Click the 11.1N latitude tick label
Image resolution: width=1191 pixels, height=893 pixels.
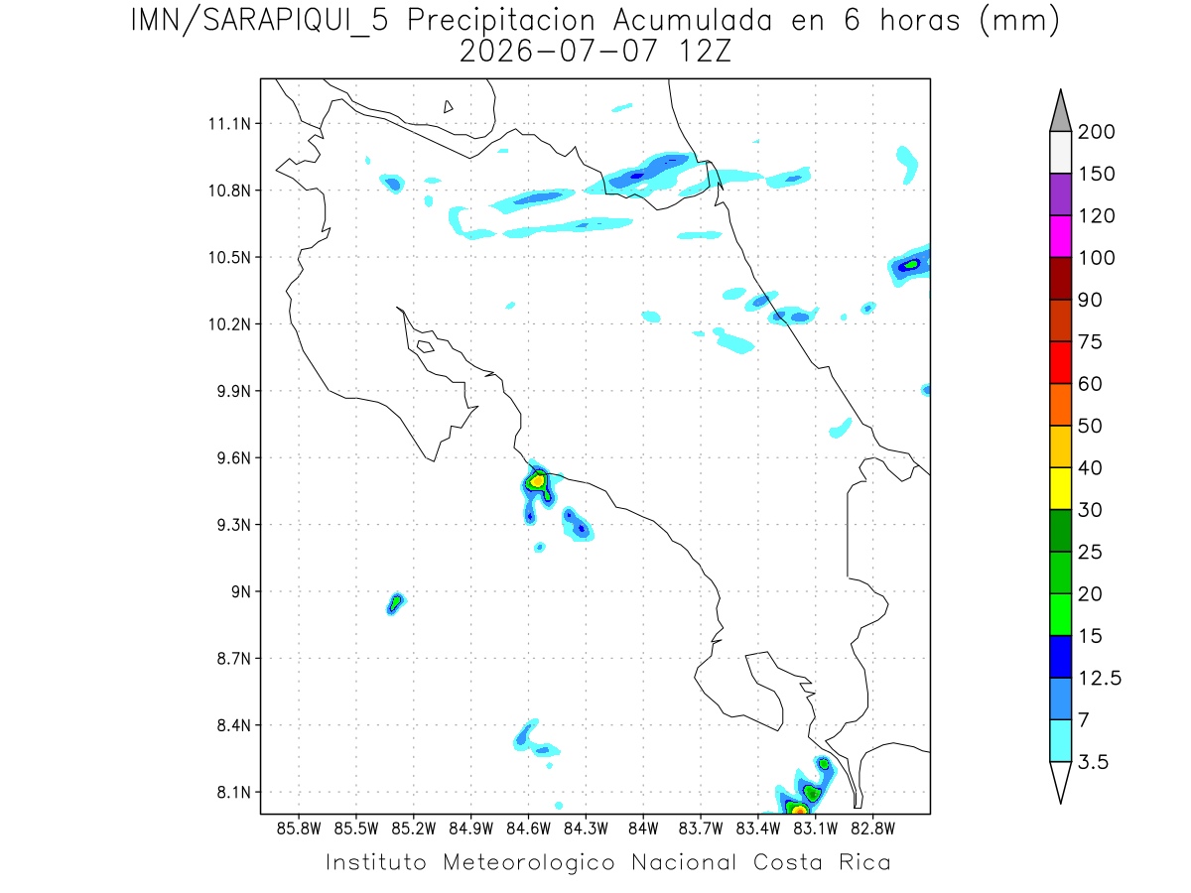tap(229, 124)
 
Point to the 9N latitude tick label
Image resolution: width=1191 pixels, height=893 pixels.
tap(241, 591)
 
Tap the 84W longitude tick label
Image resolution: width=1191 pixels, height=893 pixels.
tap(643, 829)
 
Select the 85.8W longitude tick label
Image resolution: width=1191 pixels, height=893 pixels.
tap(299, 829)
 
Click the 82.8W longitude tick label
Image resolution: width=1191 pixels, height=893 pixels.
tap(872, 829)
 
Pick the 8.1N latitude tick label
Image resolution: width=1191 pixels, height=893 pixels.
tap(234, 792)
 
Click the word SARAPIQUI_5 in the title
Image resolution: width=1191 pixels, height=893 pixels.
tap(296, 21)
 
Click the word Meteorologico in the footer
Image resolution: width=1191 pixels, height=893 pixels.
tap(528, 862)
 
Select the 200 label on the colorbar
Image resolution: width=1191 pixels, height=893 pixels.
tap(1096, 132)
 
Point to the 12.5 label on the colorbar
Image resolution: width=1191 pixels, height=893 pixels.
tap(1100, 679)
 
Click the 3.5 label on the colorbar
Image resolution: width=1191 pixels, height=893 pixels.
tap(1093, 762)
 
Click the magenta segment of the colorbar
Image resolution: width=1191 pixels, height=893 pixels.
tap(1061, 236)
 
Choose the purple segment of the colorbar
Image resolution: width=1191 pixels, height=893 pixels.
tap(1061, 194)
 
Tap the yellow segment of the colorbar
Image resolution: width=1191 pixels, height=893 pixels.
tap(1061, 488)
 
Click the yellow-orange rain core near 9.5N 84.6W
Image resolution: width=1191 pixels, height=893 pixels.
tap(537, 480)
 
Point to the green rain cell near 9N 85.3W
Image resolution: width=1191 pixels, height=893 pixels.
tap(396, 602)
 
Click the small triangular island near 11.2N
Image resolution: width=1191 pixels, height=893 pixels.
tap(448, 106)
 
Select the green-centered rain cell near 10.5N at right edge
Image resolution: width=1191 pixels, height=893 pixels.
tap(910, 265)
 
